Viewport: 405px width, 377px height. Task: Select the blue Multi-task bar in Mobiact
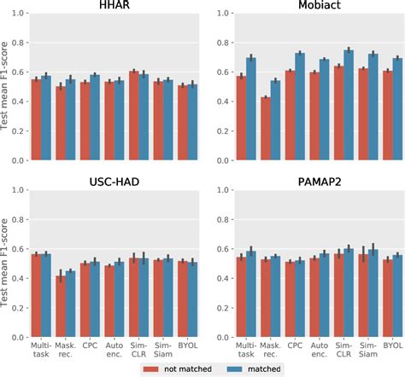pos(250,109)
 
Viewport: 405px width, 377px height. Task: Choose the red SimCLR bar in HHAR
pos(133,116)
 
